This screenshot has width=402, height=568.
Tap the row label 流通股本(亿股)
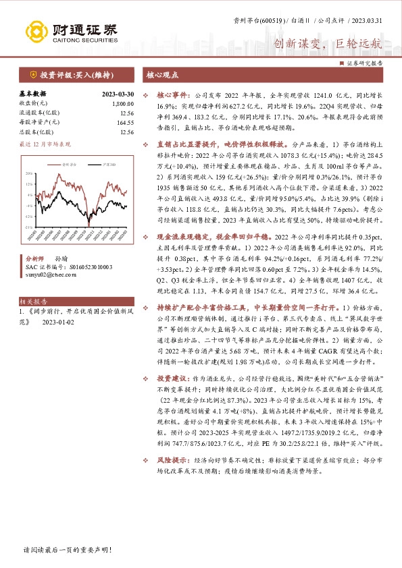[39, 113]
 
